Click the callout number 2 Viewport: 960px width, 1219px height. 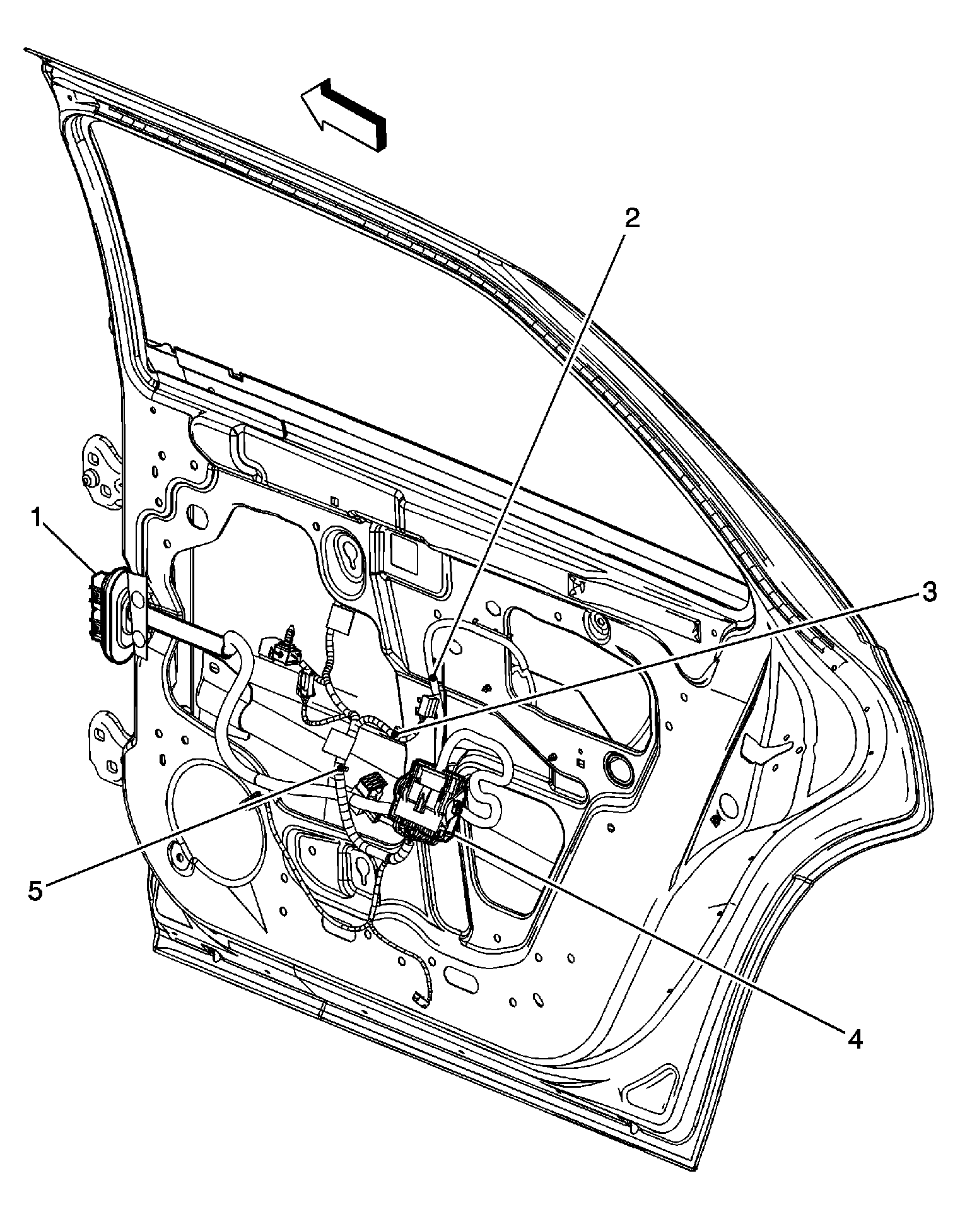tap(631, 218)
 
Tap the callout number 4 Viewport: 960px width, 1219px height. tap(855, 1038)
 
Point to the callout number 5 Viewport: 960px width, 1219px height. tap(35, 890)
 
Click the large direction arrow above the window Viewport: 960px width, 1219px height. tap(344, 114)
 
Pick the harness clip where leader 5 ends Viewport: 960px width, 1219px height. tap(341, 767)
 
